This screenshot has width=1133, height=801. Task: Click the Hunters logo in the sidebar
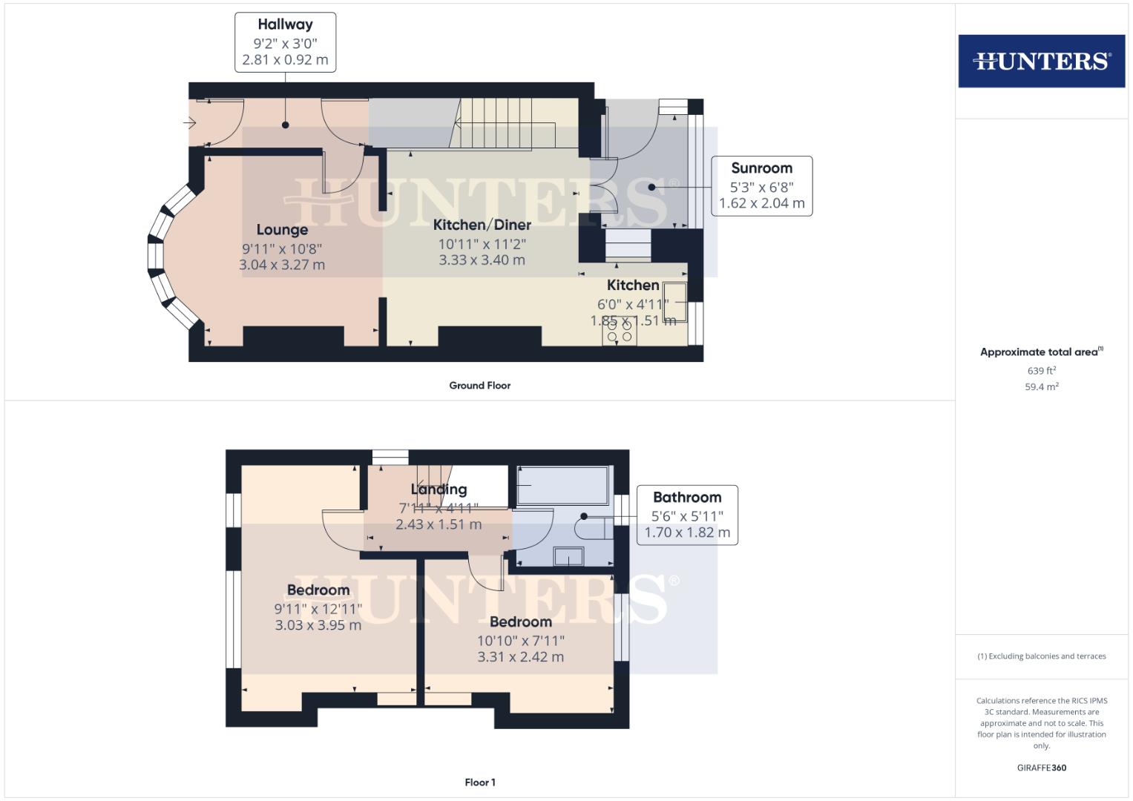coord(1041,61)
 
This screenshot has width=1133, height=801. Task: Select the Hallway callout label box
coord(285,42)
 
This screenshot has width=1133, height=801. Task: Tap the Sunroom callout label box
coord(761,186)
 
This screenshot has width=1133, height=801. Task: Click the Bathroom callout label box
coord(686,515)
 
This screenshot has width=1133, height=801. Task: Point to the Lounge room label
coord(282,230)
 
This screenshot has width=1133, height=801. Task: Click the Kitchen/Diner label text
coord(482,225)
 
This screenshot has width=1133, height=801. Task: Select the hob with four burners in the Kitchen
coord(620,331)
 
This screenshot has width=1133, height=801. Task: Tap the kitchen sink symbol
coord(674,302)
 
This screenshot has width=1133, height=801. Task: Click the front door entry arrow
coord(191,123)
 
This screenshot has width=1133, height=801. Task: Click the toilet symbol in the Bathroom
coord(592,529)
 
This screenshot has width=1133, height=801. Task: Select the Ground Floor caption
coord(479,386)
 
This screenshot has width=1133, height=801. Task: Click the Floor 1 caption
coord(479,782)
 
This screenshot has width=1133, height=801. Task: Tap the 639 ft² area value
coord(1041,371)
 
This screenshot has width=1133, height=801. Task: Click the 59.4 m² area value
coord(1041,386)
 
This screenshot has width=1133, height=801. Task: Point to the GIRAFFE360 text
coord(1041,768)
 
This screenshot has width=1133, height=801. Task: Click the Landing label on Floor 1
coord(439,489)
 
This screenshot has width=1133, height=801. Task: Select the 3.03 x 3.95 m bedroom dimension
coord(318,625)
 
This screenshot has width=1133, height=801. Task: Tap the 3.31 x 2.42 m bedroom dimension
coord(520,657)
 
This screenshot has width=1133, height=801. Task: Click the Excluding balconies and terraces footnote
coord(1041,656)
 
